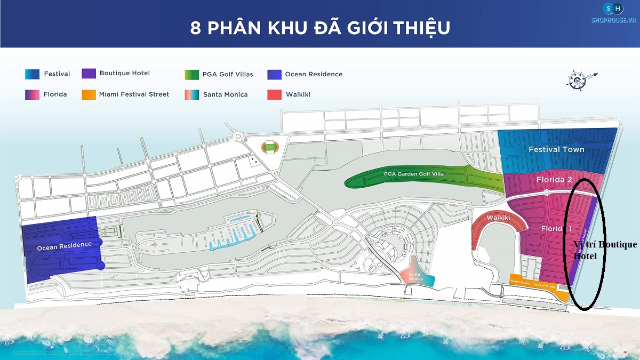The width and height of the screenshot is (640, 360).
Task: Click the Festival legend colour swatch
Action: [32, 74]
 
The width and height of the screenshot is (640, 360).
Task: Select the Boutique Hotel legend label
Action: [124, 73]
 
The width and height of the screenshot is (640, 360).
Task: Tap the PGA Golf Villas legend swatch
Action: [191, 74]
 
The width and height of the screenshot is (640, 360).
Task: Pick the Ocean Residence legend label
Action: [314, 74]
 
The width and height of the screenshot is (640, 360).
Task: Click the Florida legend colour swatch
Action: [32, 94]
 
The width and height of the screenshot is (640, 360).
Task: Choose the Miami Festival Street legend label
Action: [134, 94]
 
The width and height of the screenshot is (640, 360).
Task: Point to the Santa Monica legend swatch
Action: [191, 94]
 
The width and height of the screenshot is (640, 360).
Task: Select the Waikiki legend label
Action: [298, 94]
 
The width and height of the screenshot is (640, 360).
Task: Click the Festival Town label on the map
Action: [556, 149]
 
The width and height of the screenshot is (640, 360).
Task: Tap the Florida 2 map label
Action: [554, 180]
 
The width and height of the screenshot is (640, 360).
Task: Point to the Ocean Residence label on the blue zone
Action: [64, 246]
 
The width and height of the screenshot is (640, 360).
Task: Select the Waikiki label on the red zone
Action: [499, 218]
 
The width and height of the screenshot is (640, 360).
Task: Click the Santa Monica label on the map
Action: [415, 277]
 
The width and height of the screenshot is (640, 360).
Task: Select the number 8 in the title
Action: [196, 27]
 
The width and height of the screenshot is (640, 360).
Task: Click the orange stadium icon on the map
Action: [269, 147]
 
